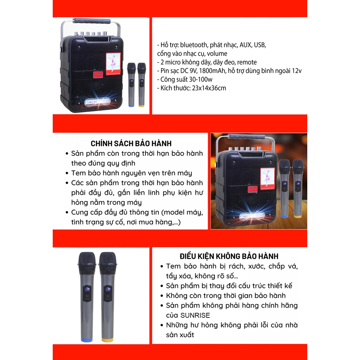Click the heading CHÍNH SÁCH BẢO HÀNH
[x=131, y=143]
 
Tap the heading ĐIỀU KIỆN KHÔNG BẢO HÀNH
[x=229, y=256]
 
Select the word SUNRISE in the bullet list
[x=195, y=315]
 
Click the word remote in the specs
[x=247, y=62]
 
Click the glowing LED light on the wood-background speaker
[x=251, y=217]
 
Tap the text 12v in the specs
[x=296, y=71]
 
